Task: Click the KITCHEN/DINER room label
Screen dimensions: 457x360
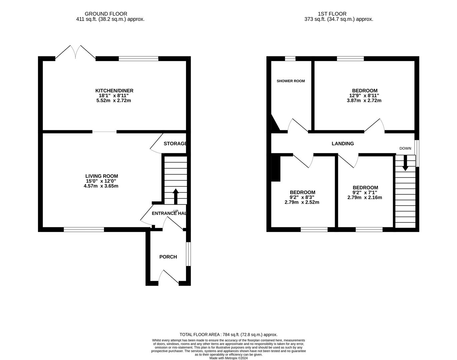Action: [114, 91]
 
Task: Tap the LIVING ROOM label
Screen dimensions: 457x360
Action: [102, 176]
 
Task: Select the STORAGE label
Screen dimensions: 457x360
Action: [175, 144]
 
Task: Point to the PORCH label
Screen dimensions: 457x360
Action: [168, 257]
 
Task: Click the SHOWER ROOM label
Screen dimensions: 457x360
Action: [291, 81]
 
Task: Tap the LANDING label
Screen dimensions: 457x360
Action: [343, 144]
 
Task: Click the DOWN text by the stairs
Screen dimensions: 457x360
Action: [405, 148]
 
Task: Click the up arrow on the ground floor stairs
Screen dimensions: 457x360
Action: [176, 196]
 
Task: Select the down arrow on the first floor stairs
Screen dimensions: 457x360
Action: [405, 163]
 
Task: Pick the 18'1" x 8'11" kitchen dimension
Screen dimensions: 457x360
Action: [114, 96]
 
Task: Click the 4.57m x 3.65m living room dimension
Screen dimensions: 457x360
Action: [101, 186]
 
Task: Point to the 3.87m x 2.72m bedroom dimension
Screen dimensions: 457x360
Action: [364, 100]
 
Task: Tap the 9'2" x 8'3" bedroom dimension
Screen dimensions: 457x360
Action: [302, 197]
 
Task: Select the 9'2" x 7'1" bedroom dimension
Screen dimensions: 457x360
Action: [365, 193]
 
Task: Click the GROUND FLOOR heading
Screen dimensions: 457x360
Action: [106, 14]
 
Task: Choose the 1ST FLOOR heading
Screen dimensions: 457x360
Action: [332, 14]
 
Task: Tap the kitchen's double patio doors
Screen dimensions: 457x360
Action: [75, 52]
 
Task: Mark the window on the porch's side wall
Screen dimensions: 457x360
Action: [188, 254]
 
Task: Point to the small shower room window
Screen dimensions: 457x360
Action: [290, 59]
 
